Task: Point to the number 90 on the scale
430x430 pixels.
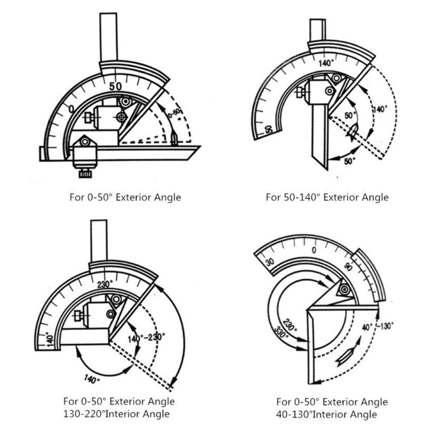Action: click(x=348, y=266)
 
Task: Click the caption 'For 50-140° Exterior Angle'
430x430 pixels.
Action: click(x=327, y=197)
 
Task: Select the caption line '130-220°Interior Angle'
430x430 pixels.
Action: click(x=116, y=414)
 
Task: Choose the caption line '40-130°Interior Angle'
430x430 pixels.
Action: click(x=326, y=414)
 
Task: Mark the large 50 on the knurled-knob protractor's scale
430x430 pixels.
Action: click(x=115, y=87)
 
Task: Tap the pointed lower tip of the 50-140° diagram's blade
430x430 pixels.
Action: click(x=326, y=168)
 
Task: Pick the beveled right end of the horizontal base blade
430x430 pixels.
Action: click(x=194, y=152)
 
